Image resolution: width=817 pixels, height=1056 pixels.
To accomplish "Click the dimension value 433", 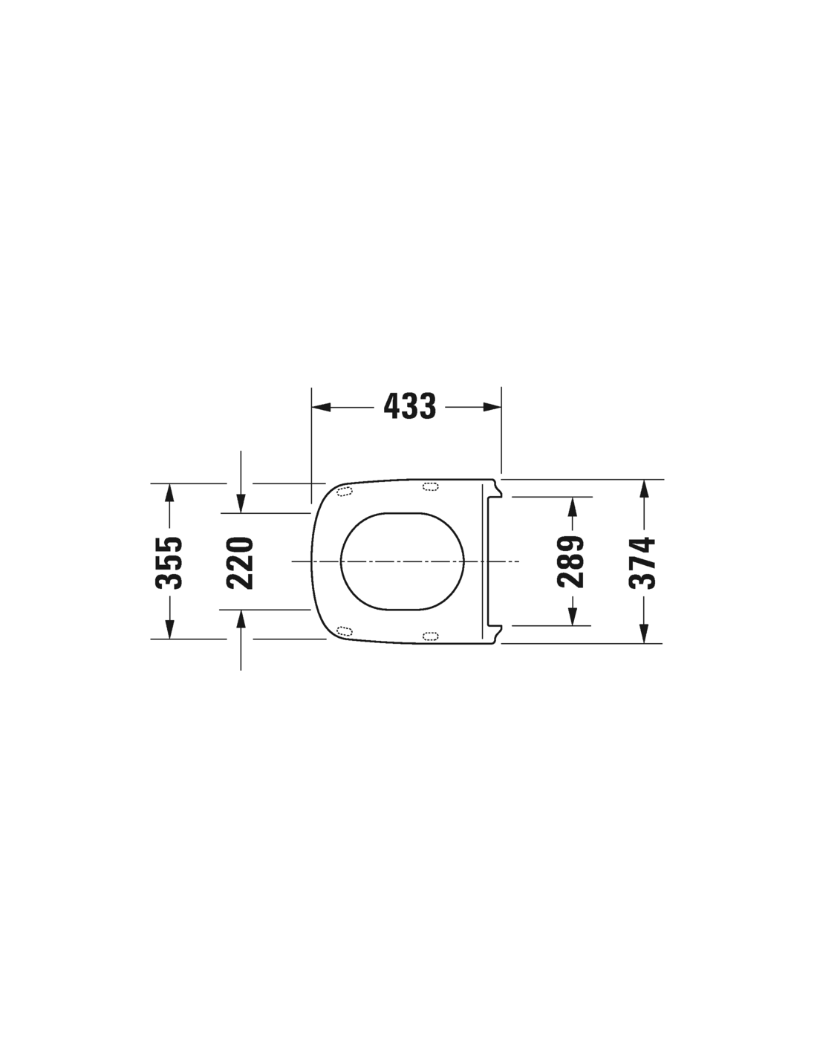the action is [409, 406].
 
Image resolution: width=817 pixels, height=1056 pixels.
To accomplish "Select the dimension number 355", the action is [169, 562].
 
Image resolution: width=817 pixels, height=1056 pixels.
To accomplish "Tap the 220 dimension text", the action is [240, 563].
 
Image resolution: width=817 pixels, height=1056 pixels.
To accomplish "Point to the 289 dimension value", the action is [571, 561].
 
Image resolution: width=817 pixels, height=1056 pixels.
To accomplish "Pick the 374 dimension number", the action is [642, 562].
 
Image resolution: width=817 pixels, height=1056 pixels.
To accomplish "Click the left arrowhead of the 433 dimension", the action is [321, 407].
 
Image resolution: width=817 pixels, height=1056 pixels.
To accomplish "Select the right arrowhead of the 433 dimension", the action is [492, 407].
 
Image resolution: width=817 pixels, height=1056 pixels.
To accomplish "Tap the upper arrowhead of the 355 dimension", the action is [169, 493].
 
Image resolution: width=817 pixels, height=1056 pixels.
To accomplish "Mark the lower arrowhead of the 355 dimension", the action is [169, 629].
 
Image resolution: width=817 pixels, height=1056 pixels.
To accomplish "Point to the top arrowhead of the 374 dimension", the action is [644, 489].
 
